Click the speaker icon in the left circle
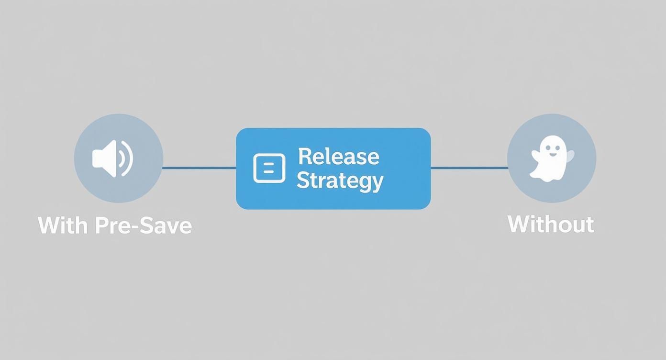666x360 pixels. tap(112, 158)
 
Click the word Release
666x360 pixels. tap(339, 156)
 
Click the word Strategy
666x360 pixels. tap(340, 180)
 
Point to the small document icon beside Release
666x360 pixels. tap(269, 168)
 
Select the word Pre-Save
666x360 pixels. tap(143, 225)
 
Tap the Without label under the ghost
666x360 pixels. tap(551, 224)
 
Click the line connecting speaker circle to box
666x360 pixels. tap(199, 168)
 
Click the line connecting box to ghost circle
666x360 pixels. tap(469, 168)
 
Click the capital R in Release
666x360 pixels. tap(304, 156)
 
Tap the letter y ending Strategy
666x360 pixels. tap(377, 182)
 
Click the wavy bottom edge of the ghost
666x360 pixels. tap(549, 178)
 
